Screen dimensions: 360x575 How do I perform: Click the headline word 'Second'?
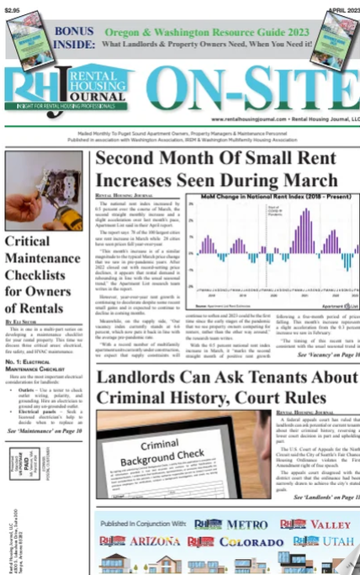tap(135, 160)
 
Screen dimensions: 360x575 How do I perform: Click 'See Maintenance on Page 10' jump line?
tap(45, 431)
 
